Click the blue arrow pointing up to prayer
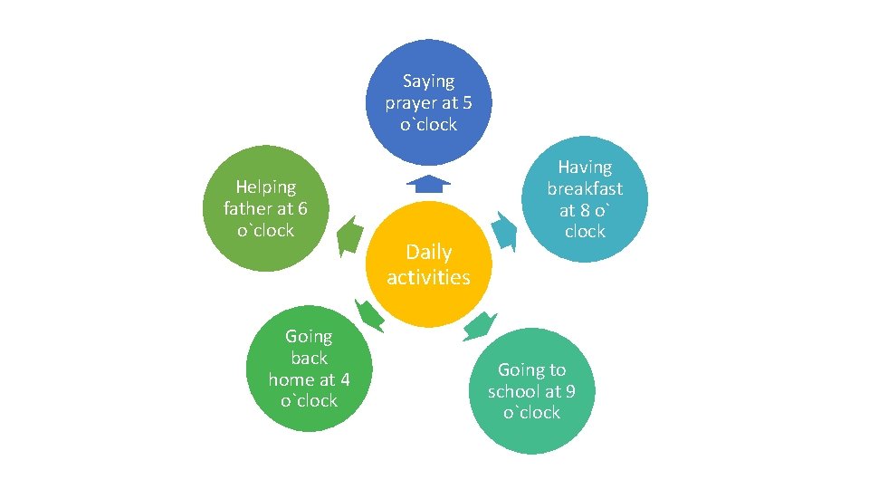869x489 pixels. point(428,184)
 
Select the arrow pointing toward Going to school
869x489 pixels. point(479,325)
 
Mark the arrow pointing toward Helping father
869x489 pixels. point(347,236)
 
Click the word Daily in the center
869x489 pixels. point(428,252)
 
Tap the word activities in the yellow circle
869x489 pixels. point(428,277)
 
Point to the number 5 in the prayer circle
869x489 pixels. point(465,103)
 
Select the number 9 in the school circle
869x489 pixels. point(569,391)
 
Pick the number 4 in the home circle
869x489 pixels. point(344,379)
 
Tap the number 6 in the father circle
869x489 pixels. point(302,209)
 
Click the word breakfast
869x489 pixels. point(585,188)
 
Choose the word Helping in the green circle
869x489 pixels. point(265,187)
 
